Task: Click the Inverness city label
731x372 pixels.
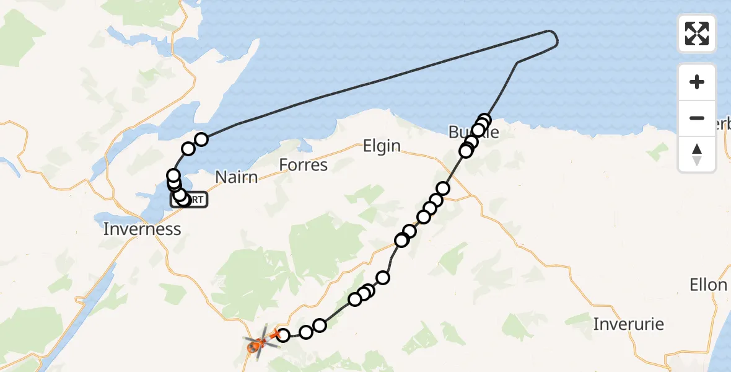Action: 142,229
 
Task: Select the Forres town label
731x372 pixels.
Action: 303,165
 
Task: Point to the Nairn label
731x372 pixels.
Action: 236,177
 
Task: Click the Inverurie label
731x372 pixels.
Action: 628,324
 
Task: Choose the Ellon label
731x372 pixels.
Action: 707,285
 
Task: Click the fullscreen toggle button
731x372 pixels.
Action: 697,33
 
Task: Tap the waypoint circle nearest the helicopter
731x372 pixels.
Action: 282,335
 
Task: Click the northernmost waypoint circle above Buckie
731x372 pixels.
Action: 484,120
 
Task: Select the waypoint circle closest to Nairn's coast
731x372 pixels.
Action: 201,139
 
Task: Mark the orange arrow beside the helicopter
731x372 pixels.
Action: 273,335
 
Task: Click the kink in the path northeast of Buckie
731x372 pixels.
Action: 517,63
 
